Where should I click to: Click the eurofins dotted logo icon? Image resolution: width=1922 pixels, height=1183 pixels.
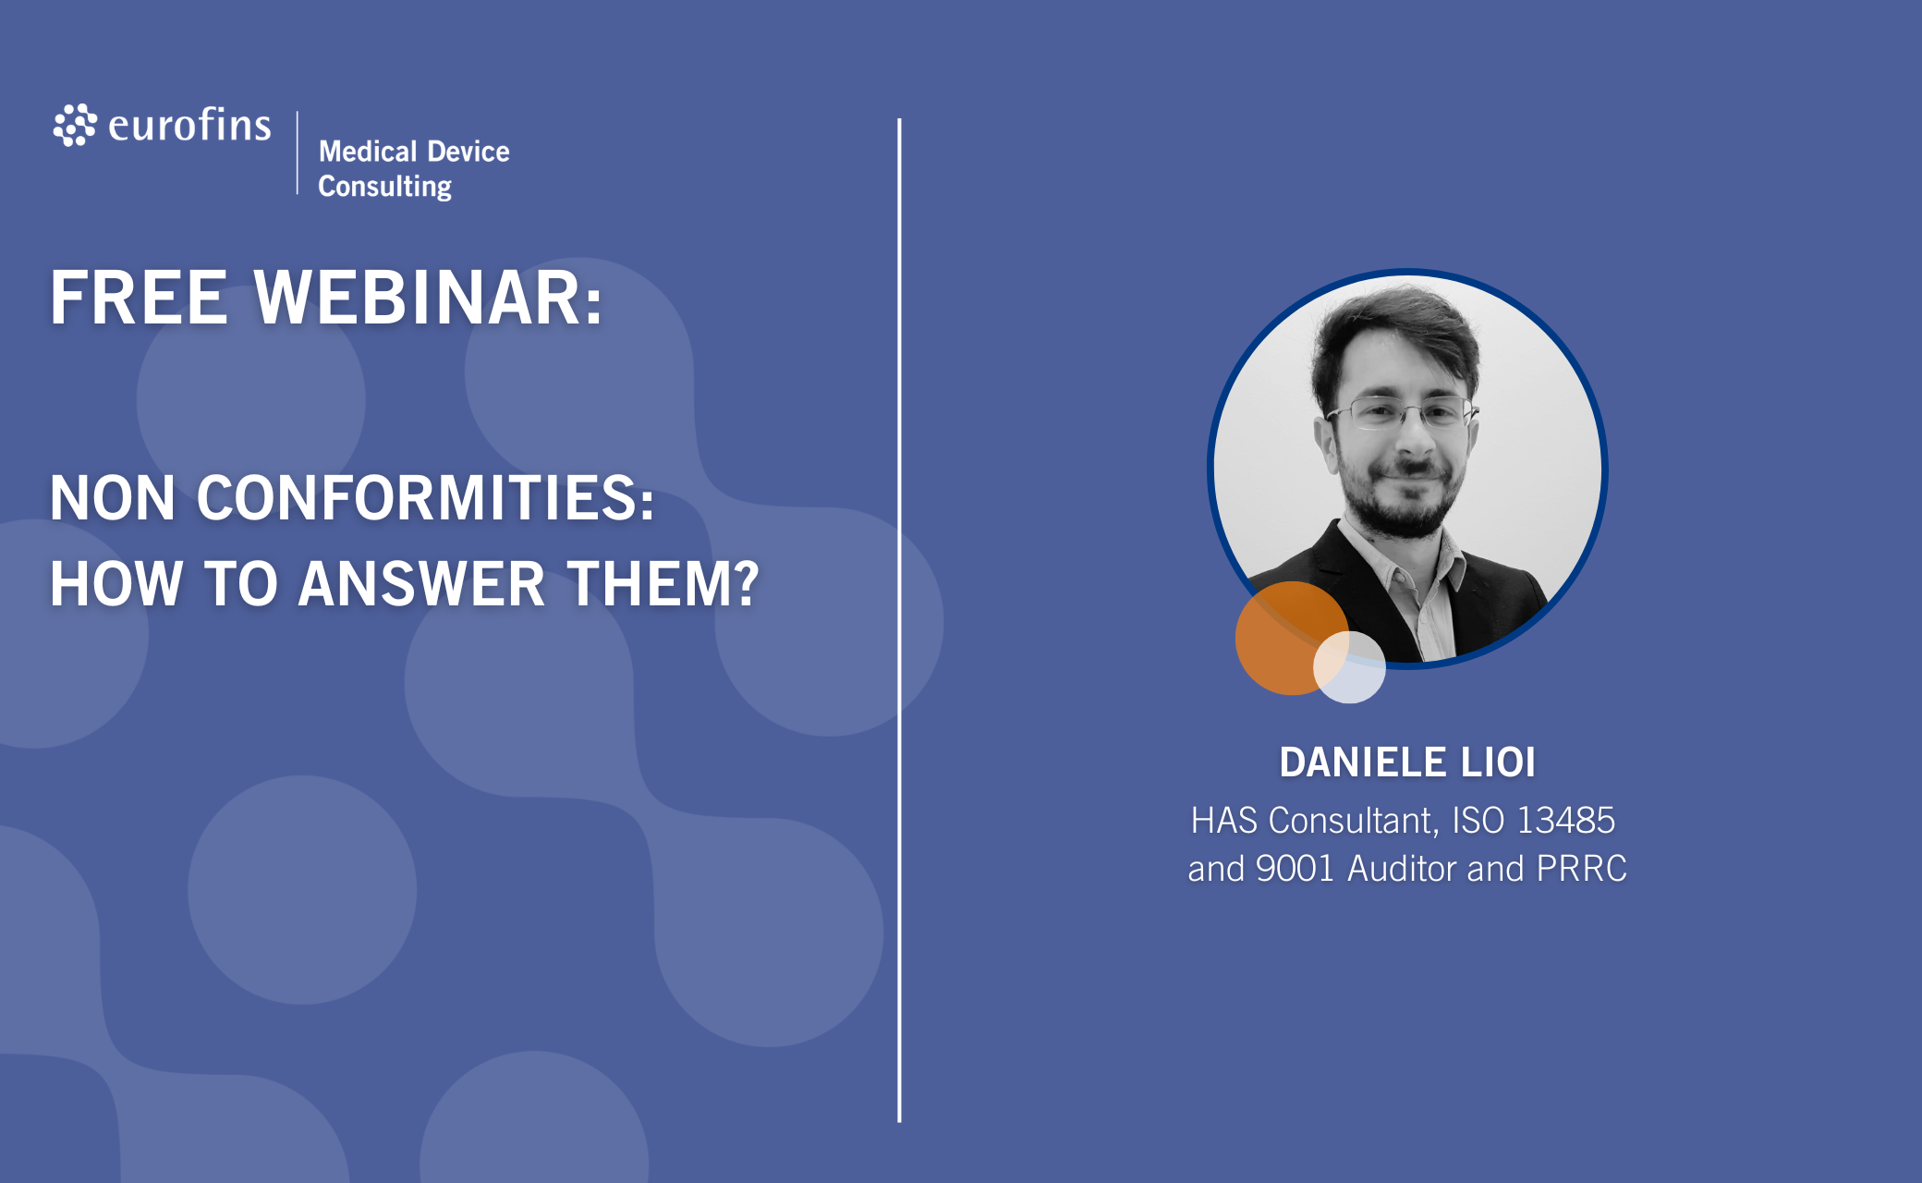click(75, 125)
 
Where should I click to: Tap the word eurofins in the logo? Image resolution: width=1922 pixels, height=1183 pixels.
click(189, 125)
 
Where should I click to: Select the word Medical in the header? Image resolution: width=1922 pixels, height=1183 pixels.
click(368, 151)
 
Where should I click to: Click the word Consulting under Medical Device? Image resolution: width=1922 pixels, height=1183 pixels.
click(385, 187)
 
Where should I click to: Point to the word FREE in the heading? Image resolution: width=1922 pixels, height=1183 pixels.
click(139, 298)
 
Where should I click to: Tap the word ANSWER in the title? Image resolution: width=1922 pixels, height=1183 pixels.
click(421, 584)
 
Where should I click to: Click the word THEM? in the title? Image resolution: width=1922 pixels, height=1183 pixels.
click(663, 584)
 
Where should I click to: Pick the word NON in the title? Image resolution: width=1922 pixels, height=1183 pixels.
click(112, 498)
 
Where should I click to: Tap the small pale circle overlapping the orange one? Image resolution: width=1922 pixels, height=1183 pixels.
click(1349, 667)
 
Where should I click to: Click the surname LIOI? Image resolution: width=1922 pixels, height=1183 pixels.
click(1498, 762)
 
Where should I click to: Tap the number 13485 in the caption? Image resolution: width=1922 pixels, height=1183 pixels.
click(1566, 821)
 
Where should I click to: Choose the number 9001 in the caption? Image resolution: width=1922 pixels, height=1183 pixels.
click(1295, 869)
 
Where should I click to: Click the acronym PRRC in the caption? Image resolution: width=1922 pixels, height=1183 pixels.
click(1581, 869)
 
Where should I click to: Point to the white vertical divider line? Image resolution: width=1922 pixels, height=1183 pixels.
click(899, 620)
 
